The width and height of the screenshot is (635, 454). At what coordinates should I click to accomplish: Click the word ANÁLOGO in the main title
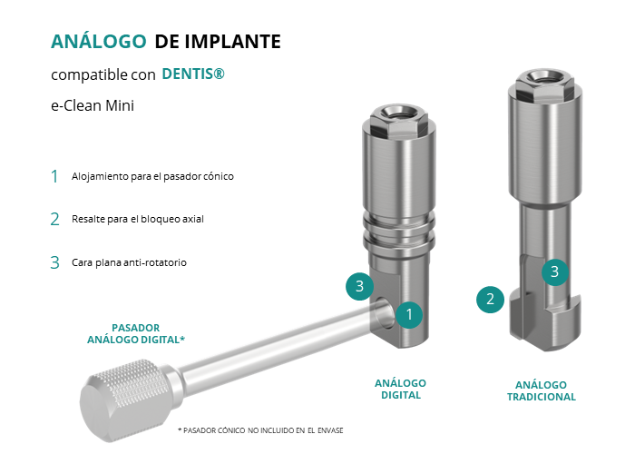[x=98, y=41]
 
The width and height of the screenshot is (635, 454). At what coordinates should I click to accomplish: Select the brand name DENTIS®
[x=193, y=74]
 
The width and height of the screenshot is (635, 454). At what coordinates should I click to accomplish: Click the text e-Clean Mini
[x=93, y=105]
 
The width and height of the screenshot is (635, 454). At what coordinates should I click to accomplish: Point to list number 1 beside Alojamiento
[x=54, y=176]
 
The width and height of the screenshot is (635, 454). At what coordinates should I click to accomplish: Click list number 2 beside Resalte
[x=54, y=220]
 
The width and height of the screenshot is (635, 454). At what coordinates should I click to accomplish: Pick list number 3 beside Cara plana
[x=54, y=262]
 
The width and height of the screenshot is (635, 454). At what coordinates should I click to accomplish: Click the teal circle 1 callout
[x=409, y=314]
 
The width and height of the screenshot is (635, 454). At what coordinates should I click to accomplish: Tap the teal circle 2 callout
[x=490, y=300]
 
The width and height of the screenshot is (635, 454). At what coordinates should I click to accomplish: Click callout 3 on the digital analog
[x=359, y=287]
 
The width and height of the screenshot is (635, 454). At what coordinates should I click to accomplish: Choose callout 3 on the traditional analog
[x=555, y=272]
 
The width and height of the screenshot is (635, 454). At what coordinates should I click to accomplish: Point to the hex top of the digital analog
[x=398, y=121]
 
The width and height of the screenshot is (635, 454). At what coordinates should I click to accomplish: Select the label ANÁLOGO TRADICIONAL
[x=541, y=390]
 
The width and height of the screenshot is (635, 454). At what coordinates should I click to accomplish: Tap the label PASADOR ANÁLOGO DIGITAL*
[x=136, y=333]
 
